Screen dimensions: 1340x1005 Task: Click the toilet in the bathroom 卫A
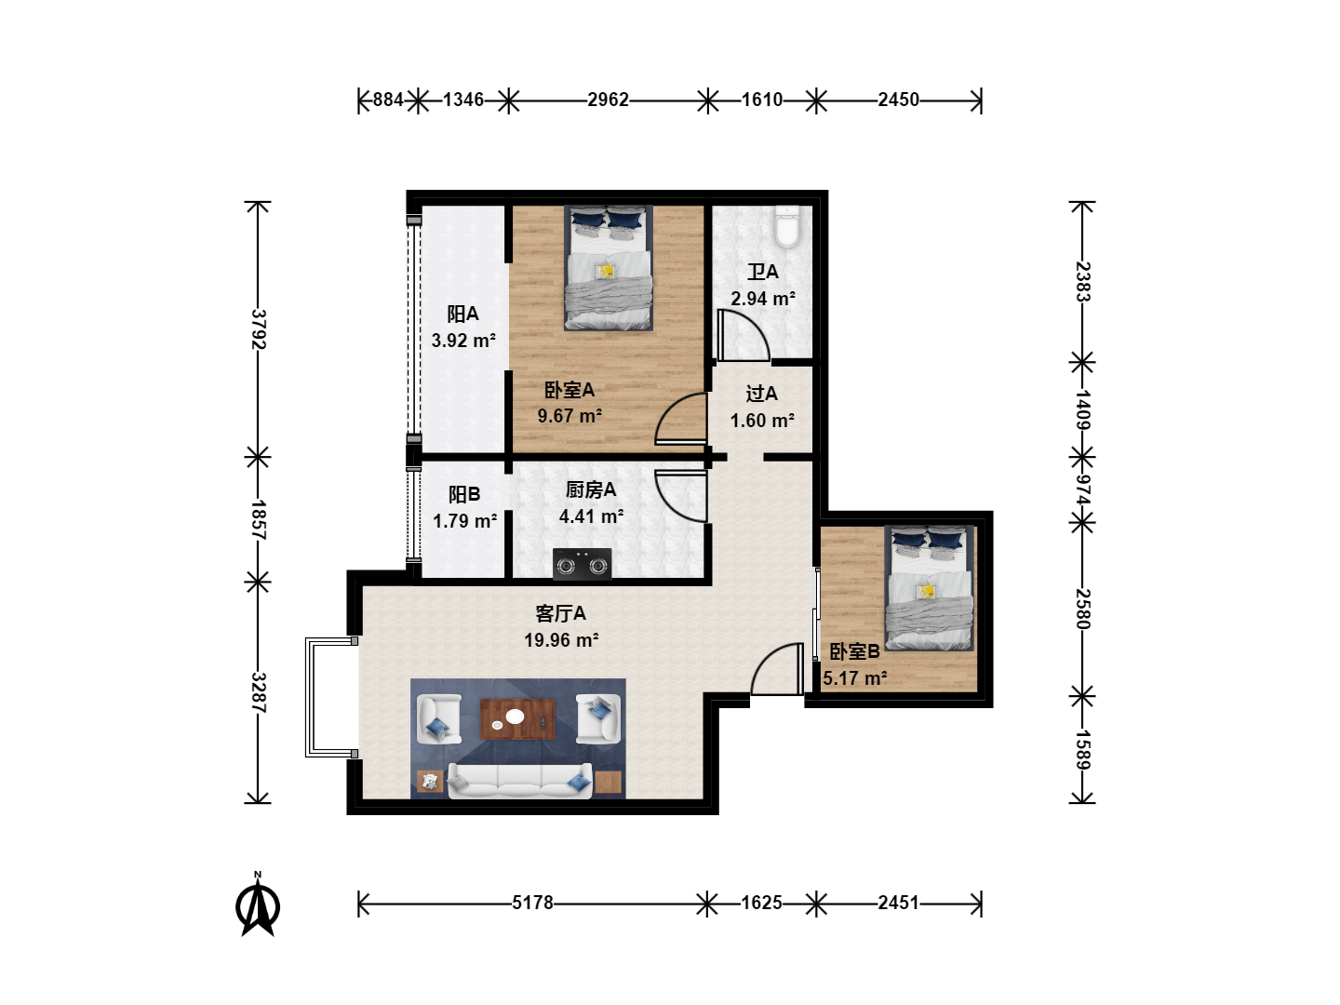click(787, 226)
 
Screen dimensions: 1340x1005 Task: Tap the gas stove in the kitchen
click(582, 563)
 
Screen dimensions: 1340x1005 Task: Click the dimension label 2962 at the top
click(608, 100)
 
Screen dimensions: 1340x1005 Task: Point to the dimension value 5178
click(532, 903)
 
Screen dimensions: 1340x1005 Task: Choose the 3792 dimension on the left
click(259, 328)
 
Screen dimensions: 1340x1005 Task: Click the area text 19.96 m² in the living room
click(561, 640)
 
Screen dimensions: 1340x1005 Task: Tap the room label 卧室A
click(569, 390)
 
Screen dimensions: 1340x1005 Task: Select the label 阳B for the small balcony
click(464, 494)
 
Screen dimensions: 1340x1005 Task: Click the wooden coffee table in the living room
click(517, 719)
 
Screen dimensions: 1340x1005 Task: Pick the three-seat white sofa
click(520, 781)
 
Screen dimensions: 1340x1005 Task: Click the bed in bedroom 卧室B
click(929, 588)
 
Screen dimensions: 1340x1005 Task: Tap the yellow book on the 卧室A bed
click(605, 271)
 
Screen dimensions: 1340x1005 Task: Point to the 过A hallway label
click(761, 394)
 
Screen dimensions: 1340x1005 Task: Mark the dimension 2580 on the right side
click(1082, 609)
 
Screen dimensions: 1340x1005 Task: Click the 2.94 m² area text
click(763, 299)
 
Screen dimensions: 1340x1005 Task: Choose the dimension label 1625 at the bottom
click(761, 903)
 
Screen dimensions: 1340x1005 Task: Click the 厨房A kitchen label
click(590, 489)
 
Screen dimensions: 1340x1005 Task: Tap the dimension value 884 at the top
click(388, 100)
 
